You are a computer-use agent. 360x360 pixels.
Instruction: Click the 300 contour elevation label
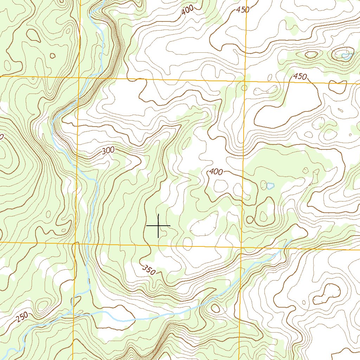click(108, 150)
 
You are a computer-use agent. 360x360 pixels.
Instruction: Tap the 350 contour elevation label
click(149, 270)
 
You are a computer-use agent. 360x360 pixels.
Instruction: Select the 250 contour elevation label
click(22, 317)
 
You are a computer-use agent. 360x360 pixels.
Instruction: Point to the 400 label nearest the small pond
click(216, 172)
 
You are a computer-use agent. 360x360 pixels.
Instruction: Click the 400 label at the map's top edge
click(188, 11)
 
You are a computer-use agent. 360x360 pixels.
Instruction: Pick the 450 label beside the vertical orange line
click(243, 9)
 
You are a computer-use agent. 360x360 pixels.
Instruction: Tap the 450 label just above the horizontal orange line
click(300, 77)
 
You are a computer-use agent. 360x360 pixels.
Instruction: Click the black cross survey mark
click(158, 225)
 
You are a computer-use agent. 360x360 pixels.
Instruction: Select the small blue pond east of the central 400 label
click(270, 186)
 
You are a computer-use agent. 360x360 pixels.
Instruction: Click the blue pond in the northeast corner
click(346, 56)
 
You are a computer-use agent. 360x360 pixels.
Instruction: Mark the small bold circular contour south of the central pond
click(250, 220)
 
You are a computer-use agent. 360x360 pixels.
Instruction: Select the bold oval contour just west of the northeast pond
click(311, 54)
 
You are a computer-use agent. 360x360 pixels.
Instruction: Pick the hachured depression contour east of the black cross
click(204, 225)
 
